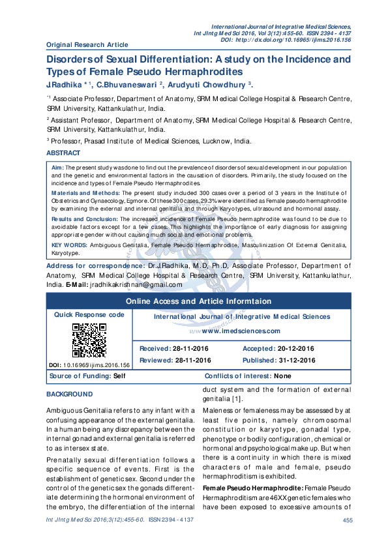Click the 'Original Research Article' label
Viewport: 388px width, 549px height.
point(87,44)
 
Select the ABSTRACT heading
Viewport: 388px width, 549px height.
point(63,153)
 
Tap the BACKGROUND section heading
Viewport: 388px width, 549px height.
point(69,394)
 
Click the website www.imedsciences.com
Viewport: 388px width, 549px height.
point(242,330)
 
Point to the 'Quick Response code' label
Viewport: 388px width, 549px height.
point(89,314)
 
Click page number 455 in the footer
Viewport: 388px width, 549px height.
point(347,537)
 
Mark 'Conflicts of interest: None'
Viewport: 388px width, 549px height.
point(239,377)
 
